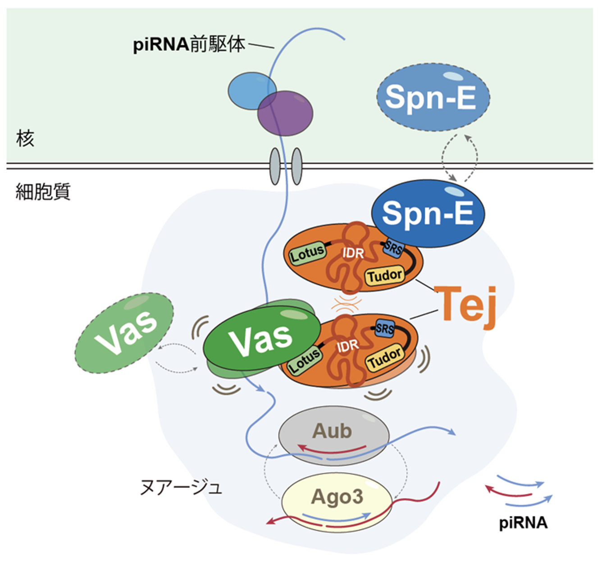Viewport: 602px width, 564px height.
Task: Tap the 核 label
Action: pos(25,138)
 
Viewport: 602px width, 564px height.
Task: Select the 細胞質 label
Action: pos(43,192)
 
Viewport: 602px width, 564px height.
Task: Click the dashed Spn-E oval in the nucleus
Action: pos(433,97)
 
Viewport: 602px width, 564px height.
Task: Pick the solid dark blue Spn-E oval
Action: pos(428,214)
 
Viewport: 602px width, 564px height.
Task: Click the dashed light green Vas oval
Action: pos(124,333)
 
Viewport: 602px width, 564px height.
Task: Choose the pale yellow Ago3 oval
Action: pos(337,497)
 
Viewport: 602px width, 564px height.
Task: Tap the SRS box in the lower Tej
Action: pos(384,329)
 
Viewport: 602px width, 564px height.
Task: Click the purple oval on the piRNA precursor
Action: pos(285,113)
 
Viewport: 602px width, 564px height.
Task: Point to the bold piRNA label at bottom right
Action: pos(523,523)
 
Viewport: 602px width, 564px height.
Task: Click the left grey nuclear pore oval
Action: pos(275,167)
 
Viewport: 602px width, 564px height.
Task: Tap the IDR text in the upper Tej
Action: pos(353,253)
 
